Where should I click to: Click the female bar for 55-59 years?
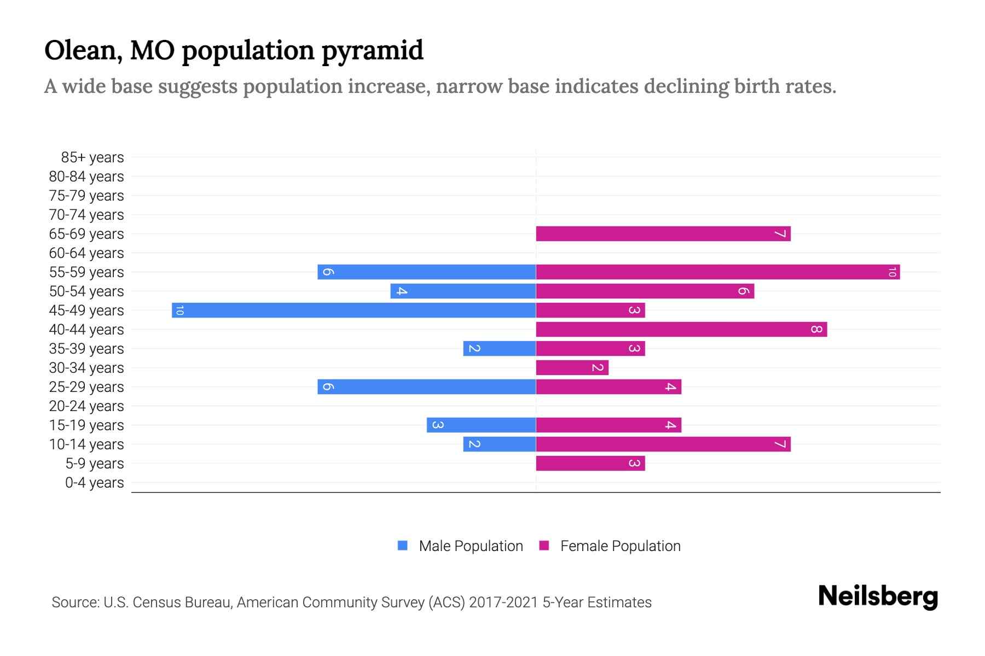pos(717,272)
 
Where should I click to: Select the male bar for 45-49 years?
pos(354,310)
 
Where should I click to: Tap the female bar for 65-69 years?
pos(663,233)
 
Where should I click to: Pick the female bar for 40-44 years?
pos(681,329)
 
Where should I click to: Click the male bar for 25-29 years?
pos(426,386)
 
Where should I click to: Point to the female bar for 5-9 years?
pos(590,463)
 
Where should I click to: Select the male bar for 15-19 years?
pos(481,425)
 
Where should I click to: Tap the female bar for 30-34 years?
pos(572,367)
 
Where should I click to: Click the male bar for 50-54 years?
pos(463,291)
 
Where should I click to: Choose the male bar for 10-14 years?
pos(499,444)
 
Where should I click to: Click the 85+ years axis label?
pos(92,157)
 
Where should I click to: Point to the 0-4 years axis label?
pos(94,483)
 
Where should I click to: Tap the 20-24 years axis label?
pos(86,406)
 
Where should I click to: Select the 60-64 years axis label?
pos(86,253)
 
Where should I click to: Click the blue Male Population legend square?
pos(403,546)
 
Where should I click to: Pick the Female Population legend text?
pos(620,546)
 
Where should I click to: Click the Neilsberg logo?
pos(878,596)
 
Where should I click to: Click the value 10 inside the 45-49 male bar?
pos(179,311)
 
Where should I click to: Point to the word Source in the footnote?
pos(75,602)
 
